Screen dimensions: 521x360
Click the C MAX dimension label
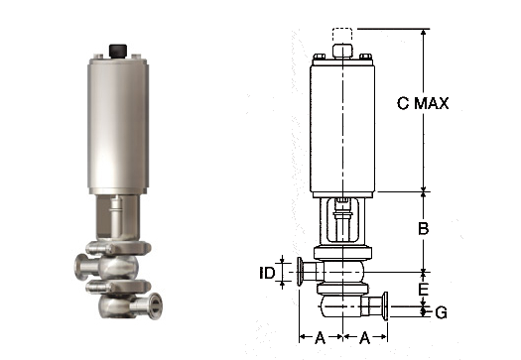(423, 103)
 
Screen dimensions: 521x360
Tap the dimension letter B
(423, 228)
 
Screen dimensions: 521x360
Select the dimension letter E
(423, 289)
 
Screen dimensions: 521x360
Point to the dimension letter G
(442, 312)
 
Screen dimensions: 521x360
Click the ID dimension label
(267, 273)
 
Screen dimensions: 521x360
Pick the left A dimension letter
(320, 337)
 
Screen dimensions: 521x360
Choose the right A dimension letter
(365, 337)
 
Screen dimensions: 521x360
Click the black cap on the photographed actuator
(118, 51)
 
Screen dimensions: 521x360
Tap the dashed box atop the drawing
(342, 36)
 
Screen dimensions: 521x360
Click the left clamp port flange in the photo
(79, 267)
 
